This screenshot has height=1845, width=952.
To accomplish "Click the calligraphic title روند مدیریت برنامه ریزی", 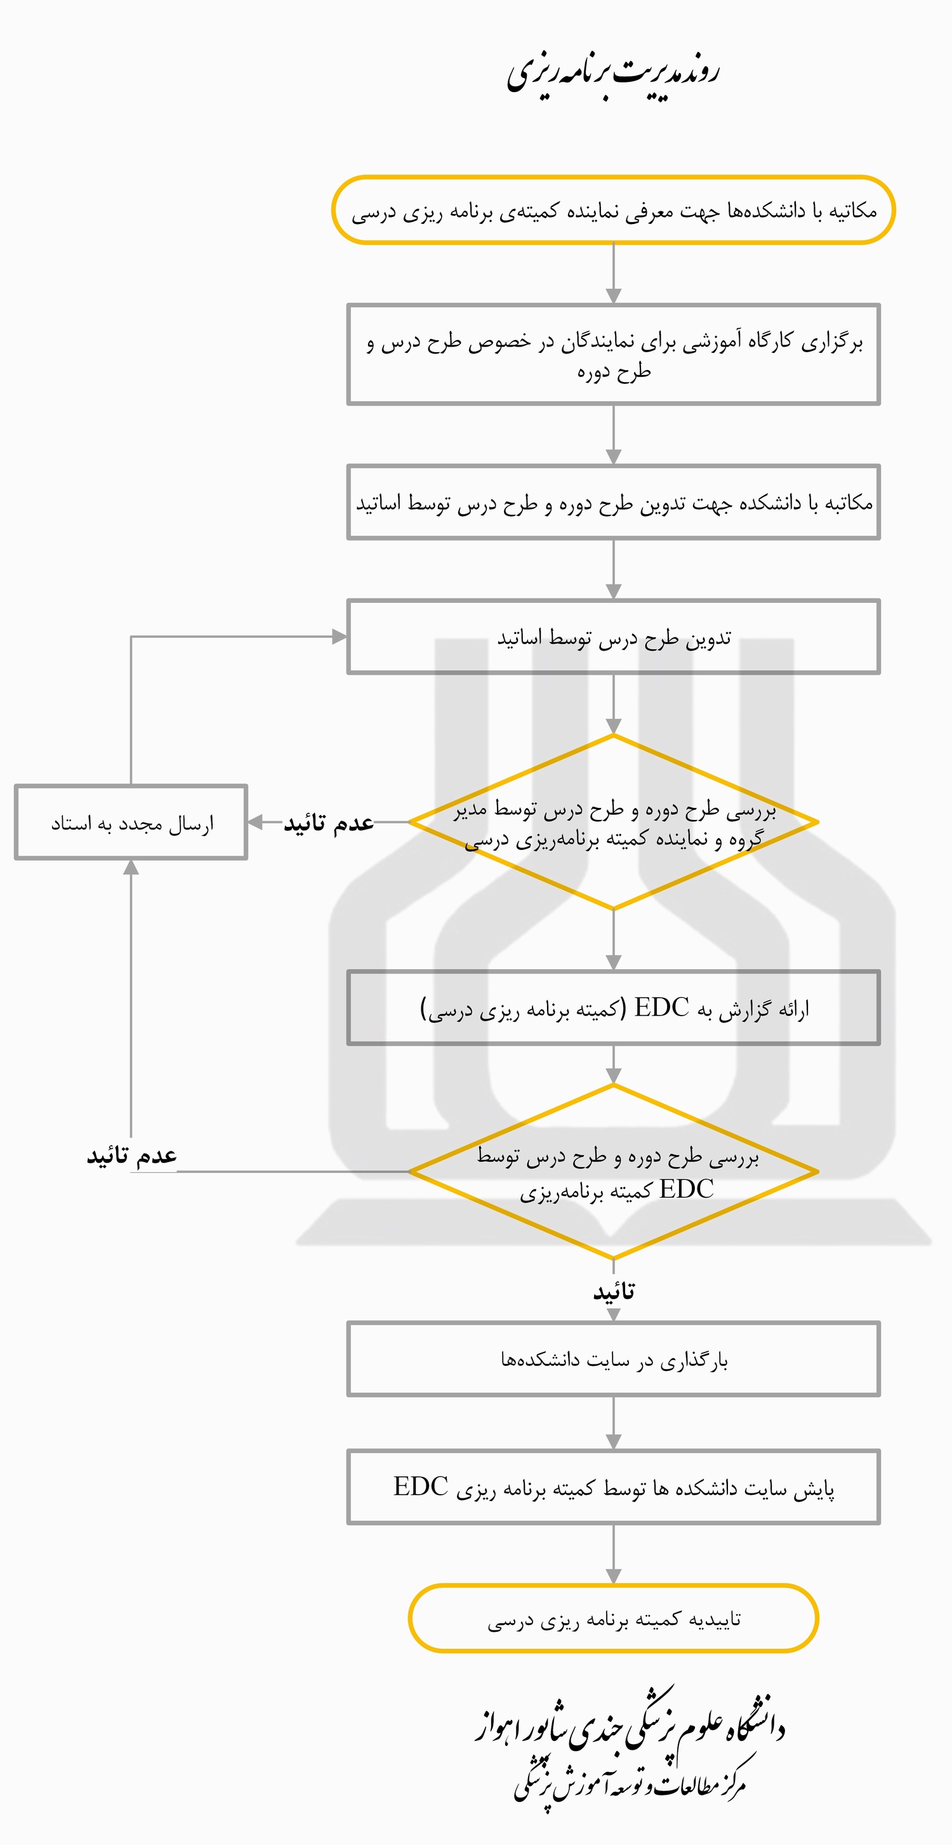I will click(613, 74).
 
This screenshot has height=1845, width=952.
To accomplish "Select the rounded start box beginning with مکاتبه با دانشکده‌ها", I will click(613, 210).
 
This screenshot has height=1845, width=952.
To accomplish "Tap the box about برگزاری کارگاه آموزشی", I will click(613, 355).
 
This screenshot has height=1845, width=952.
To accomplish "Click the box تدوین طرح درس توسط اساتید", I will click(613, 637).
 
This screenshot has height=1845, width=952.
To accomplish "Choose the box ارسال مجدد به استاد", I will click(131, 823).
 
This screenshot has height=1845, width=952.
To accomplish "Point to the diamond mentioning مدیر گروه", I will click(613, 823).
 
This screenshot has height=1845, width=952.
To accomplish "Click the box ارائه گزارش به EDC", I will click(613, 1008).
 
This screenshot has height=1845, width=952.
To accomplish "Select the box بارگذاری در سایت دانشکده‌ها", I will click(613, 1359).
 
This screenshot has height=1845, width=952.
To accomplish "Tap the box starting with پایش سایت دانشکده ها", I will click(613, 1487).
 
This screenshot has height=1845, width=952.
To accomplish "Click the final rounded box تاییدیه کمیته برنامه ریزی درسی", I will click(613, 1618).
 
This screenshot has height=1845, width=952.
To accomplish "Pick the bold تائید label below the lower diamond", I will click(614, 1292).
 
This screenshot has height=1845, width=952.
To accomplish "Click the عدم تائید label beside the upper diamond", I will click(329, 823).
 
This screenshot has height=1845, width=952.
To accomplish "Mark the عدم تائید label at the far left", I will click(132, 1155).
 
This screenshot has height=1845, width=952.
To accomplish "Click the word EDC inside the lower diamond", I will click(686, 1189).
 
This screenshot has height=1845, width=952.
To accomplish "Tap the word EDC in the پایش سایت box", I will click(421, 1487).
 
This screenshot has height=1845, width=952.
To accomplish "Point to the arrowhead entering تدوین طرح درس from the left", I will click(340, 637).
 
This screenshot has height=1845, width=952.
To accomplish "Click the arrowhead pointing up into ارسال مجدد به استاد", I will click(131, 868).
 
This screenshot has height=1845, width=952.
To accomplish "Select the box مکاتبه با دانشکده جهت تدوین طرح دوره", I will click(613, 502).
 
